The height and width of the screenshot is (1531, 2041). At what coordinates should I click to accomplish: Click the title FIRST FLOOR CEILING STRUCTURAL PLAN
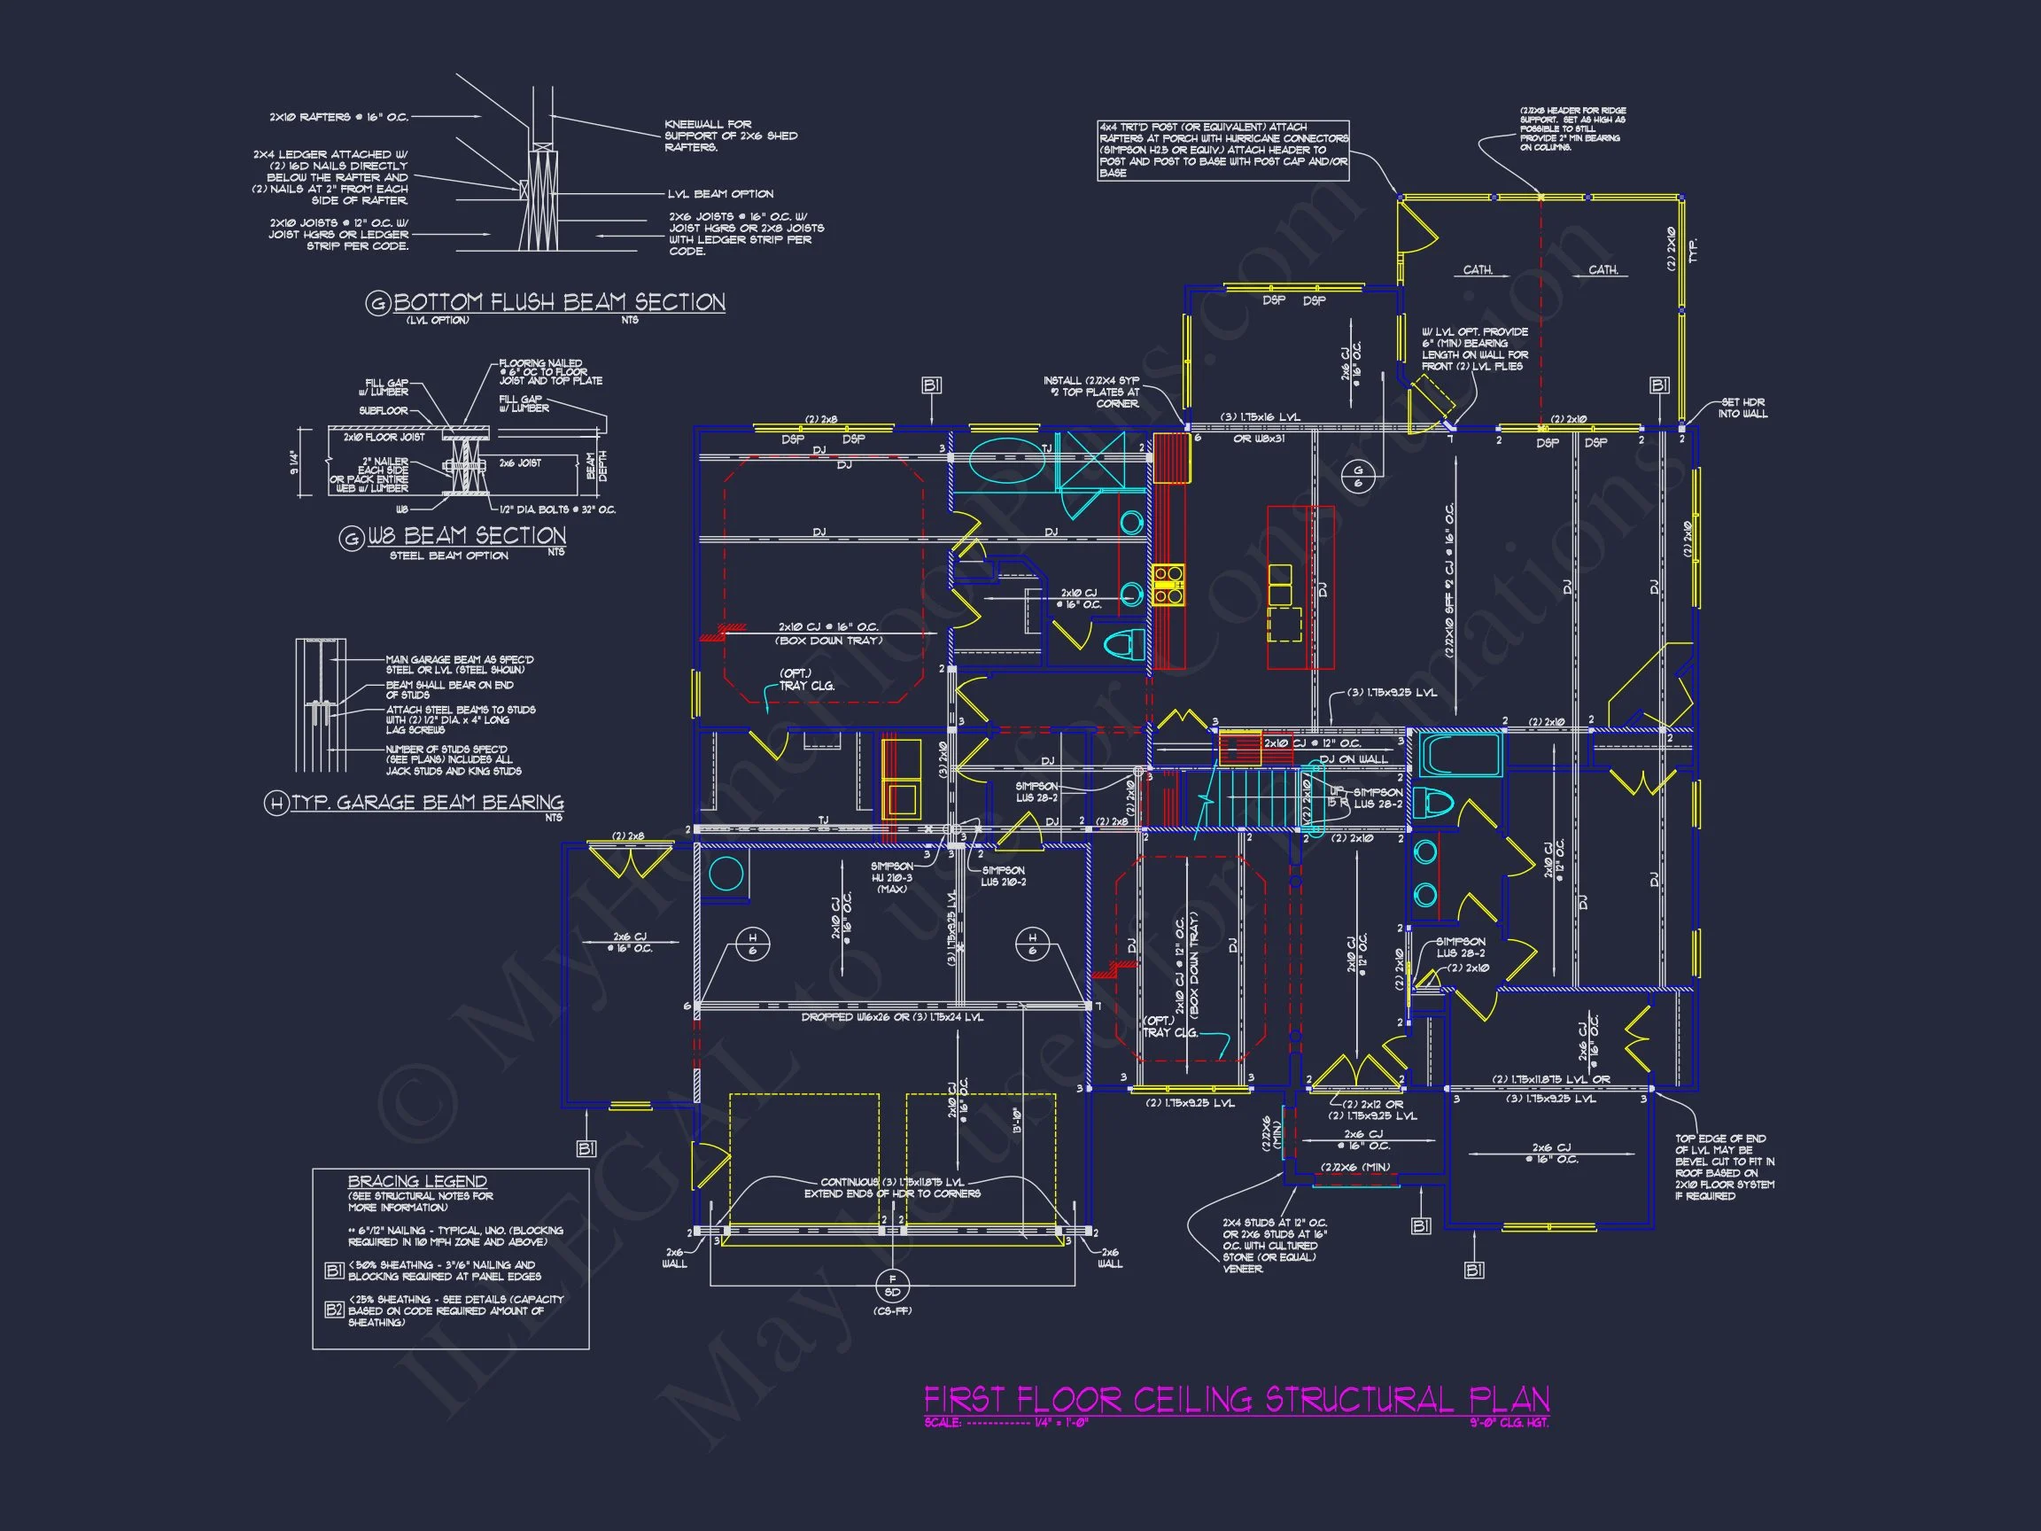click(1237, 1399)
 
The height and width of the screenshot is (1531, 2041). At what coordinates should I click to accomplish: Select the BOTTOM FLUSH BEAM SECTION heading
click(559, 302)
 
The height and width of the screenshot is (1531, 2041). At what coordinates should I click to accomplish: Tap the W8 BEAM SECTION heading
click(466, 535)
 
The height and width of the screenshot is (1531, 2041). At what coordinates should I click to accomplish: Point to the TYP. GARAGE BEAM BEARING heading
click(427, 802)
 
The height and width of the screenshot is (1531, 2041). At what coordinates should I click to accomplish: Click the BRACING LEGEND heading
click(417, 1180)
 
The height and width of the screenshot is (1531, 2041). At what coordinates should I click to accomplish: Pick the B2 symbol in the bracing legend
click(334, 1309)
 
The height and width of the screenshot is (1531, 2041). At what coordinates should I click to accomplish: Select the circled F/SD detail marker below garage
click(891, 1285)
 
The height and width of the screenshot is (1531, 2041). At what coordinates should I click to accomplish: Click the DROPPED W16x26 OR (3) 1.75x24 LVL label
click(891, 1017)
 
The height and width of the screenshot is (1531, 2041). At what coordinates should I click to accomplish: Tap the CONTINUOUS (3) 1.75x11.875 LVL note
click(892, 1188)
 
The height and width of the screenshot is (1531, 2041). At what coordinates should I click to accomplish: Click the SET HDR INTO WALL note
click(1742, 408)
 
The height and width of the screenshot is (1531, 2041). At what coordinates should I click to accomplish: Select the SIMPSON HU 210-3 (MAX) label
click(891, 877)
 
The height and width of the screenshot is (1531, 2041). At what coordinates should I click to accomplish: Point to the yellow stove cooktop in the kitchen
click(1168, 585)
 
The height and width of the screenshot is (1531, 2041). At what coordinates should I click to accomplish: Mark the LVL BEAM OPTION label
click(720, 194)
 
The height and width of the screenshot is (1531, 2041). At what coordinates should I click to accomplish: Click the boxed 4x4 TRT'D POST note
click(1223, 150)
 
